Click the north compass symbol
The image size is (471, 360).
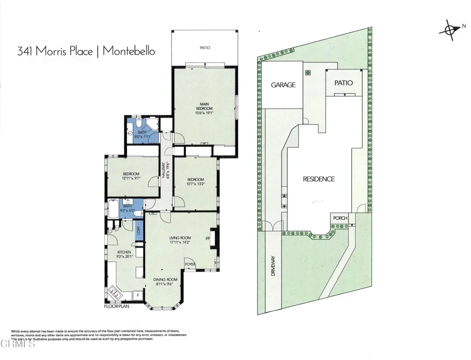[x=450, y=29]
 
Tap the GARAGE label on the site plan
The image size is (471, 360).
[x=283, y=85]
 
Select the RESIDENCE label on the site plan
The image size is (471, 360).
[x=318, y=179]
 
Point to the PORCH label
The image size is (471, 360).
[x=340, y=218]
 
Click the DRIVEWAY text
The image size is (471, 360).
[x=273, y=265]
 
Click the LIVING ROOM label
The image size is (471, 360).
[x=179, y=238]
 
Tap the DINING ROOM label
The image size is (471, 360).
[x=165, y=279]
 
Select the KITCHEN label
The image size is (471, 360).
[x=124, y=252]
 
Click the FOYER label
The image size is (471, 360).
[x=190, y=264]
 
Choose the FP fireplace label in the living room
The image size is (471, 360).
[x=207, y=239]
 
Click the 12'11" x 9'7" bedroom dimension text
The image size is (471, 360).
[x=131, y=178]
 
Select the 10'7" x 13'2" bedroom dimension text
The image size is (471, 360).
[x=195, y=183]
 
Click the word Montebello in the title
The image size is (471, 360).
[x=129, y=51]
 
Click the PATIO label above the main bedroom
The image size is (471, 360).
[x=205, y=47]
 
